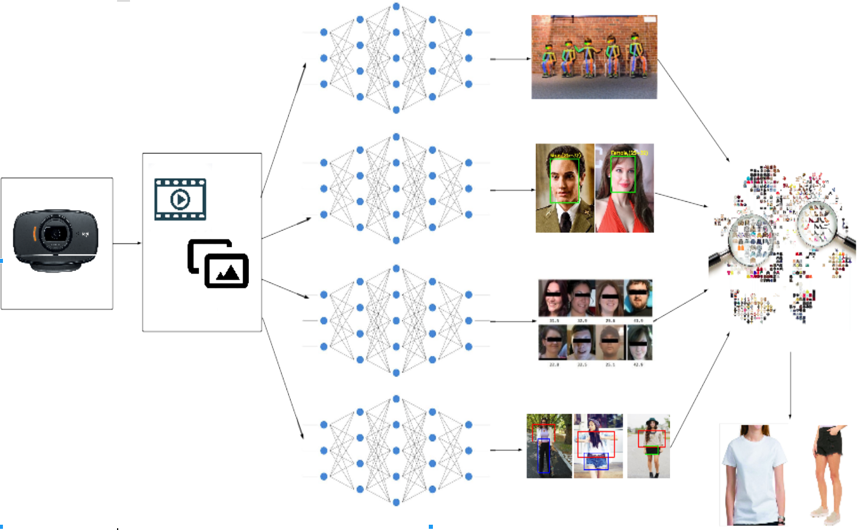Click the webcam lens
coord(55,234)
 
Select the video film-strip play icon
coord(180,199)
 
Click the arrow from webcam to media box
coord(126,243)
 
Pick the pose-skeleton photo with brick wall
coord(594,57)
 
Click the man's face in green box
coord(564,180)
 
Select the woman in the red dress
coord(624,188)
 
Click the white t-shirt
coord(754,474)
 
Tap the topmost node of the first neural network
coord(396,6)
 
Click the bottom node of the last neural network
coord(396,502)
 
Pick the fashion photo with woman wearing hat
coord(649,446)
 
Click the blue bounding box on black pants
coord(544,456)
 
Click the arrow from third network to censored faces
coord(512,321)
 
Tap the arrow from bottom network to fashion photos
coord(506,450)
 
